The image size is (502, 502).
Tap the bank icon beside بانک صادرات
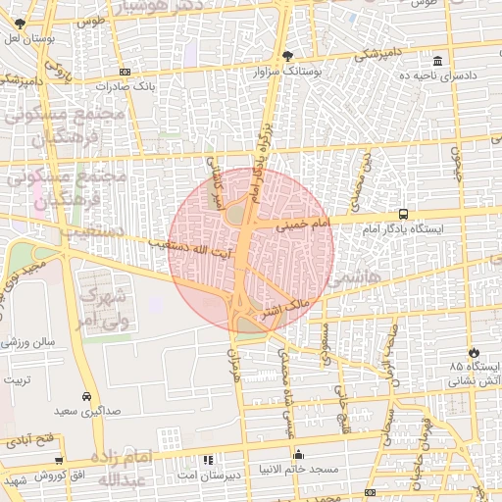pyautogui.click(x=125, y=72)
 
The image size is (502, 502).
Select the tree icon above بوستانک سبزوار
pyautogui.click(x=286, y=56)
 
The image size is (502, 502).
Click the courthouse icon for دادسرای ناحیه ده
pyautogui.click(x=436, y=61)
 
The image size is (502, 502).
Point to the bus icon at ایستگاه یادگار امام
pyautogui.click(x=404, y=214)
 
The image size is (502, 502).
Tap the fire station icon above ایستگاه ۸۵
pyautogui.click(x=476, y=351)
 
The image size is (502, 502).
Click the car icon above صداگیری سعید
pyautogui.click(x=88, y=397)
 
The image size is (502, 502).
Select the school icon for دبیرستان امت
pyautogui.click(x=207, y=459)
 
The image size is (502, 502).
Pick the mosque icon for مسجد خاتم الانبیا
pyautogui.click(x=299, y=455)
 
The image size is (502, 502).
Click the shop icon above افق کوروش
pyautogui.click(x=60, y=460)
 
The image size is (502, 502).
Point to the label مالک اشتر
pyautogui.click(x=285, y=311)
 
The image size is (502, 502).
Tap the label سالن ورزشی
pyautogui.click(x=28, y=343)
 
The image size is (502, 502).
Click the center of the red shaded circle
pyautogui.click(x=251, y=251)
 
